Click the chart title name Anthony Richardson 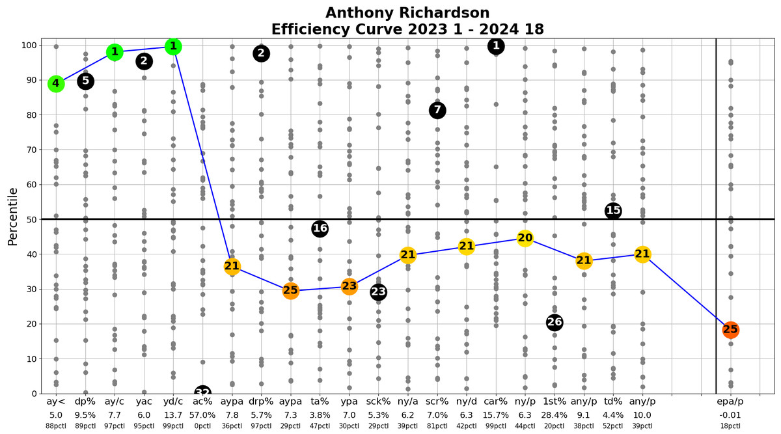pyautogui.click(x=407, y=13)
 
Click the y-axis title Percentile pyautogui.click(x=13, y=217)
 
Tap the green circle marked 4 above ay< pyautogui.click(x=56, y=83)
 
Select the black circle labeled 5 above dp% pyautogui.click(x=85, y=81)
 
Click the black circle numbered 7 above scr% pyautogui.click(x=437, y=111)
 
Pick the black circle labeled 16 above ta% pyautogui.click(x=320, y=228)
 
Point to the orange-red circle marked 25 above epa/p pyautogui.click(x=730, y=330)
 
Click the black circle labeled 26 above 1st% pyautogui.click(x=555, y=323)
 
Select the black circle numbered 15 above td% pyautogui.click(x=613, y=211)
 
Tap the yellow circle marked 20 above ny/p pyautogui.click(x=525, y=238)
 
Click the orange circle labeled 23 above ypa pyautogui.click(x=349, y=286)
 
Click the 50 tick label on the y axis pyautogui.click(x=29, y=219)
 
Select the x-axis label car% pyautogui.click(x=496, y=402)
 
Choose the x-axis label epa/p pyautogui.click(x=730, y=402)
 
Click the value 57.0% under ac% pyautogui.click(x=202, y=414)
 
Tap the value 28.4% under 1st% pyautogui.click(x=555, y=414)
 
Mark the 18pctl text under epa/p pyautogui.click(x=730, y=426)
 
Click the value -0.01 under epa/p pyautogui.click(x=730, y=414)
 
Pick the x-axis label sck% pyautogui.click(x=378, y=402)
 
